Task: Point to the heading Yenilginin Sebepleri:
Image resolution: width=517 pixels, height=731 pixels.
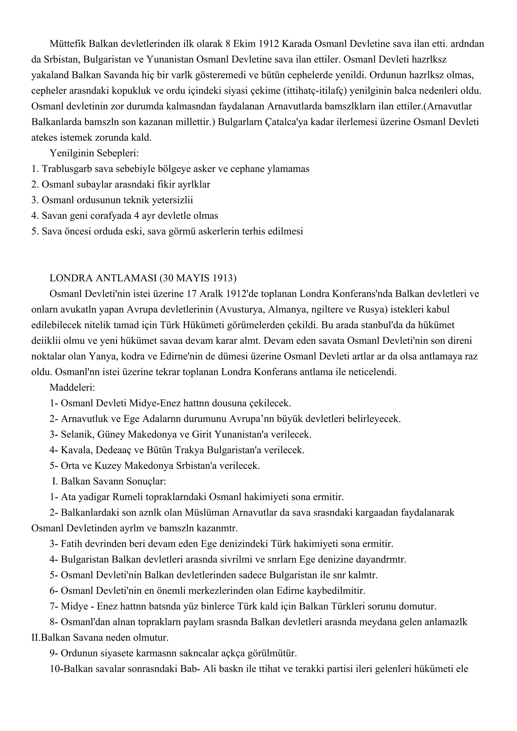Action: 94,153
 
